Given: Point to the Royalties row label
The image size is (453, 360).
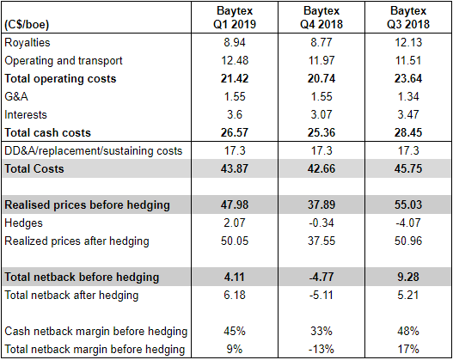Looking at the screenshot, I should click(x=28, y=43).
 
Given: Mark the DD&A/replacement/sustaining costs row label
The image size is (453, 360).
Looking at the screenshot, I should click(x=94, y=151).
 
